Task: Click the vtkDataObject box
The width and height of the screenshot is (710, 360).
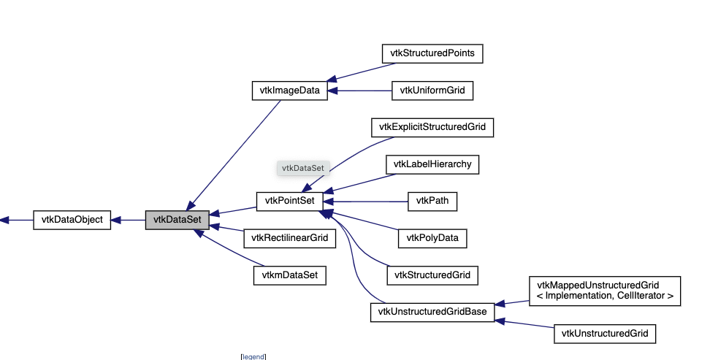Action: coord(72,219)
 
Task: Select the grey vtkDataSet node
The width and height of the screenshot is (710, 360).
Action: coord(177,219)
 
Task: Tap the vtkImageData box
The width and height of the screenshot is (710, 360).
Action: coord(289,91)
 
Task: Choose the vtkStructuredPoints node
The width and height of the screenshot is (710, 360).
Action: coord(432,53)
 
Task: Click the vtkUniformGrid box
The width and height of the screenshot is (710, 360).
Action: coord(432,91)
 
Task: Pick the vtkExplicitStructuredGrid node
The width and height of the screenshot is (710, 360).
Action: coord(432,127)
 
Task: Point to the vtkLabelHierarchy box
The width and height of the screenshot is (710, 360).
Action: coord(432,164)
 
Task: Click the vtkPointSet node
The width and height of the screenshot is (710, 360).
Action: coord(289,201)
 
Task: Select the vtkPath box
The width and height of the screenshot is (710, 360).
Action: coord(432,201)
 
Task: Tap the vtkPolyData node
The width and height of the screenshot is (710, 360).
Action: coord(432,238)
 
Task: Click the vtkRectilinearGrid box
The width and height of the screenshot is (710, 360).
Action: coord(289,238)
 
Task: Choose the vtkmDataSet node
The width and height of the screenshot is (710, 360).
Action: coord(289,275)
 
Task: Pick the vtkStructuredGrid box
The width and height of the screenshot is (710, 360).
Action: coord(432,275)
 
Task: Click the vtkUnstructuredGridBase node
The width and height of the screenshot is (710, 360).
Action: coord(432,313)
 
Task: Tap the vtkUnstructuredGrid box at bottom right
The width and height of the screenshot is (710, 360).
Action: coord(604,334)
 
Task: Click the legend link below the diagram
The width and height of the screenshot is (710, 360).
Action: coord(253,356)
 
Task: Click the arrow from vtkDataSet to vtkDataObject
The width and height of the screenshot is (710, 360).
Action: coord(131,219)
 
